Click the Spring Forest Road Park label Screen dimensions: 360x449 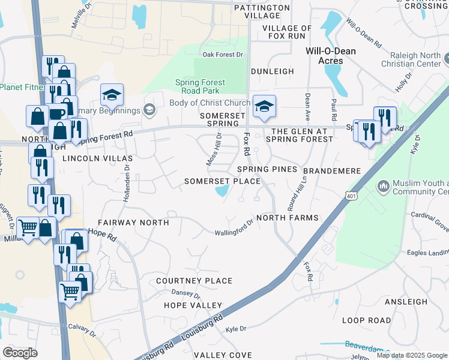(x=200, y=87)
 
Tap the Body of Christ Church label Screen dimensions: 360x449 (x=209, y=103)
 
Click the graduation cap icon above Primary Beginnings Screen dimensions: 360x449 (x=111, y=95)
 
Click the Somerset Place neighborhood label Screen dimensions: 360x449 (x=222, y=181)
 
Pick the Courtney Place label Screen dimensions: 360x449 (x=194, y=281)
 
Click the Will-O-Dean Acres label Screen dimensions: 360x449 (x=331, y=56)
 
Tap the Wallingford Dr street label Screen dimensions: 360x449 (x=235, y=230)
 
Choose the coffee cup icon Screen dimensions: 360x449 (x=58, y=113)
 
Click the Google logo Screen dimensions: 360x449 (x=20, y=353)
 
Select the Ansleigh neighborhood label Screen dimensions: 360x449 (x=406, y=302)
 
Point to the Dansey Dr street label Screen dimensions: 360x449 (x=185, y=295)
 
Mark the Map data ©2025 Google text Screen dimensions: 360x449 (x=411, y=355)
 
